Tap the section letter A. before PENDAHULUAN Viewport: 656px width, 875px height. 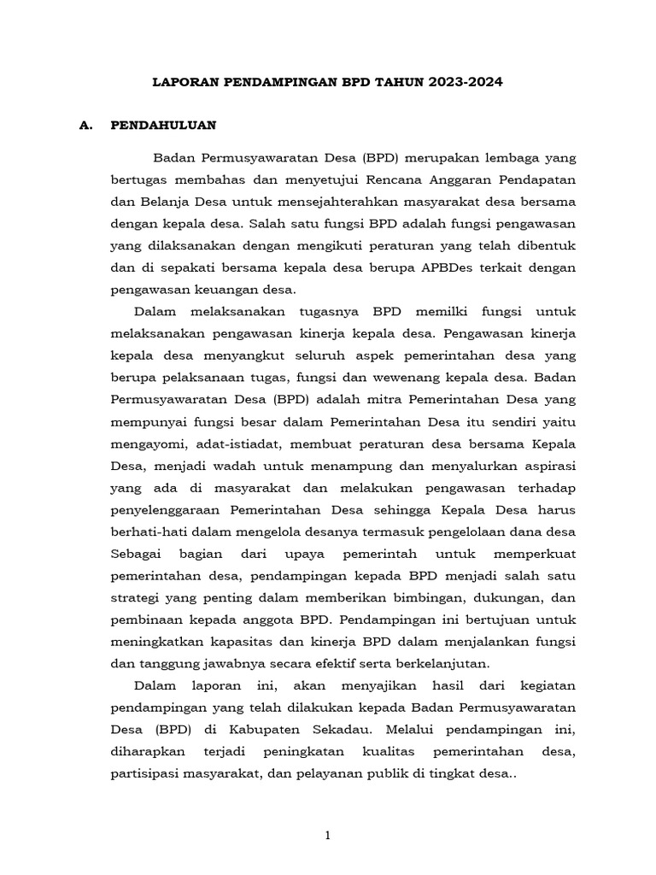[x=85, y=125]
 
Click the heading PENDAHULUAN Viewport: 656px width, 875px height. [x=164, y=125]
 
